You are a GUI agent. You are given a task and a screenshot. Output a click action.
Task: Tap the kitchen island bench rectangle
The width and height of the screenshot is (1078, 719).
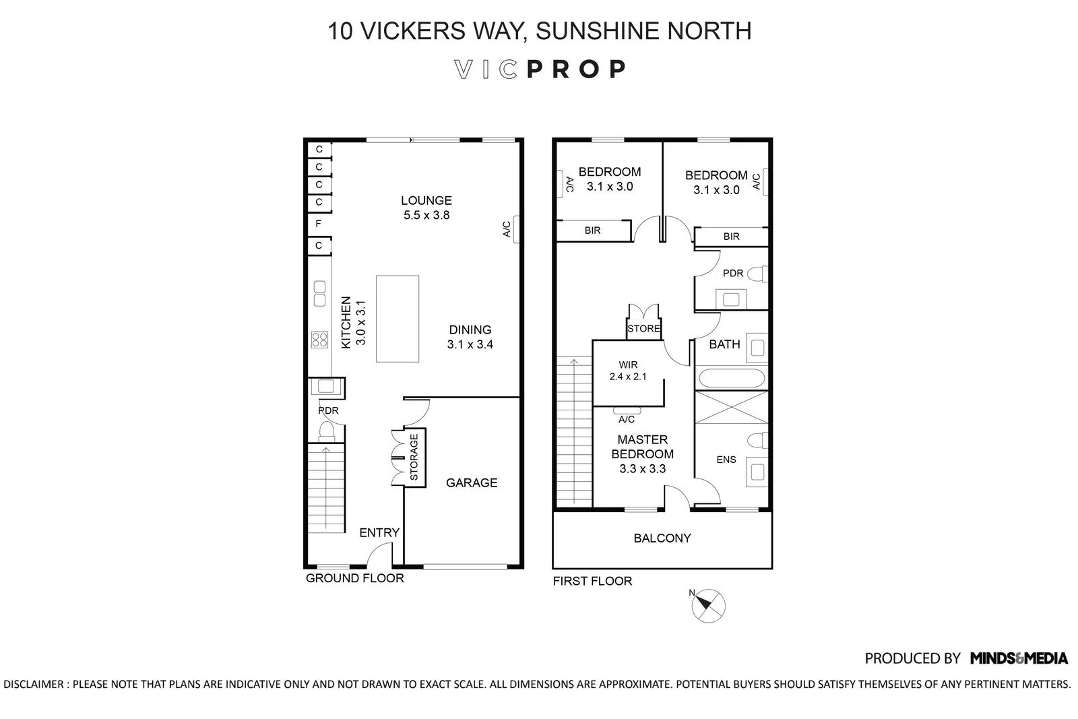click(398, 319)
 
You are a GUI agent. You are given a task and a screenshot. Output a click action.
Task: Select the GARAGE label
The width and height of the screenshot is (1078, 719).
click(472, 482)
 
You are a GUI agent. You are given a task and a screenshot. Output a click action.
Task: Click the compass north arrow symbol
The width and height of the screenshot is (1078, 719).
click(708, 605)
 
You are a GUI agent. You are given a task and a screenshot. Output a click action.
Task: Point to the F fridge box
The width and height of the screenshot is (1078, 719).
click(319, 224)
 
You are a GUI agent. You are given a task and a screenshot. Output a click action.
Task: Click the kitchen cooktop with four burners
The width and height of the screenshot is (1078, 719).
click(319, 340)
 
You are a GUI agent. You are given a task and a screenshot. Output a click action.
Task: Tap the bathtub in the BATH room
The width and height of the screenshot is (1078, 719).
click(731, 378)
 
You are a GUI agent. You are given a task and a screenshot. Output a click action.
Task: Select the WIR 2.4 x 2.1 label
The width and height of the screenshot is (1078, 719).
click(628, 371)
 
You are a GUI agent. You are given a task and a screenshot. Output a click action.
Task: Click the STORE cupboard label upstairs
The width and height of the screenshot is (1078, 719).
click(643, 329)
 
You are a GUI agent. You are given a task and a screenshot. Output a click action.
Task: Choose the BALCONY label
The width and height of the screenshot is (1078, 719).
click(662, 538)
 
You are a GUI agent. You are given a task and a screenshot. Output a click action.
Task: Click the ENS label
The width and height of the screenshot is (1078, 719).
click(726, 460)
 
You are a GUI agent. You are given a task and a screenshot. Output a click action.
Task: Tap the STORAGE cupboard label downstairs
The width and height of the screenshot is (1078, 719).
click(414, 457)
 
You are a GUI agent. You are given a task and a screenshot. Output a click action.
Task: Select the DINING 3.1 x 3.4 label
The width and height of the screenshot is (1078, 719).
click(470, 337)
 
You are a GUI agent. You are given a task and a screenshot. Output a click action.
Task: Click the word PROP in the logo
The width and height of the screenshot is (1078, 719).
click(577, 69)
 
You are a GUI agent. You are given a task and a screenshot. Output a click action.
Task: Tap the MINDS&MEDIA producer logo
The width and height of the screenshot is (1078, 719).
click(1019, 658)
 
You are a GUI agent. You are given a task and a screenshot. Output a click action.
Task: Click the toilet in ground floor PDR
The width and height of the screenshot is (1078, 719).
click(327, 431)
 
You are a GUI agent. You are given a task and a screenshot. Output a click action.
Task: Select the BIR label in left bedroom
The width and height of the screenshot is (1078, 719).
click(592, 230)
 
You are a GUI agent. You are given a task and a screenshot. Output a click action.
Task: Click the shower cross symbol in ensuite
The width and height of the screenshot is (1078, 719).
click(731, 408)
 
